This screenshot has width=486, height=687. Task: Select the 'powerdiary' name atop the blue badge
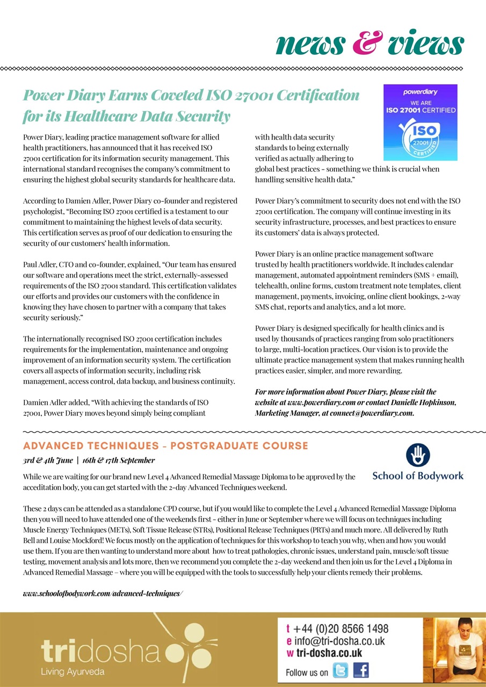pyautogui.click(x=420, y=92)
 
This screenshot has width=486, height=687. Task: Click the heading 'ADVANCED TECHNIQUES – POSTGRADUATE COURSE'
pyautogui.click(x=165, y=446)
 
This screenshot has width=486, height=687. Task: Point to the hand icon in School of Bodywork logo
pyautogui.click(x=418, y=456)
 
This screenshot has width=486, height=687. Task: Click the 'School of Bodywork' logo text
pyautogui.click(x=418, y=476)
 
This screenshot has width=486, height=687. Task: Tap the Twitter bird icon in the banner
pyautogui.click(x=340, y=671)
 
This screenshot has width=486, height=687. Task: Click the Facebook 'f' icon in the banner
pyautogui.click(x=361, y=671)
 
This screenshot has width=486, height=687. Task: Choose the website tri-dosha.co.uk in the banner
pyautogui.click(x=329, y=653)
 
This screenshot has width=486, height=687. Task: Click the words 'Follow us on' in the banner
pyautogui.click(x=307, y=672)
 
